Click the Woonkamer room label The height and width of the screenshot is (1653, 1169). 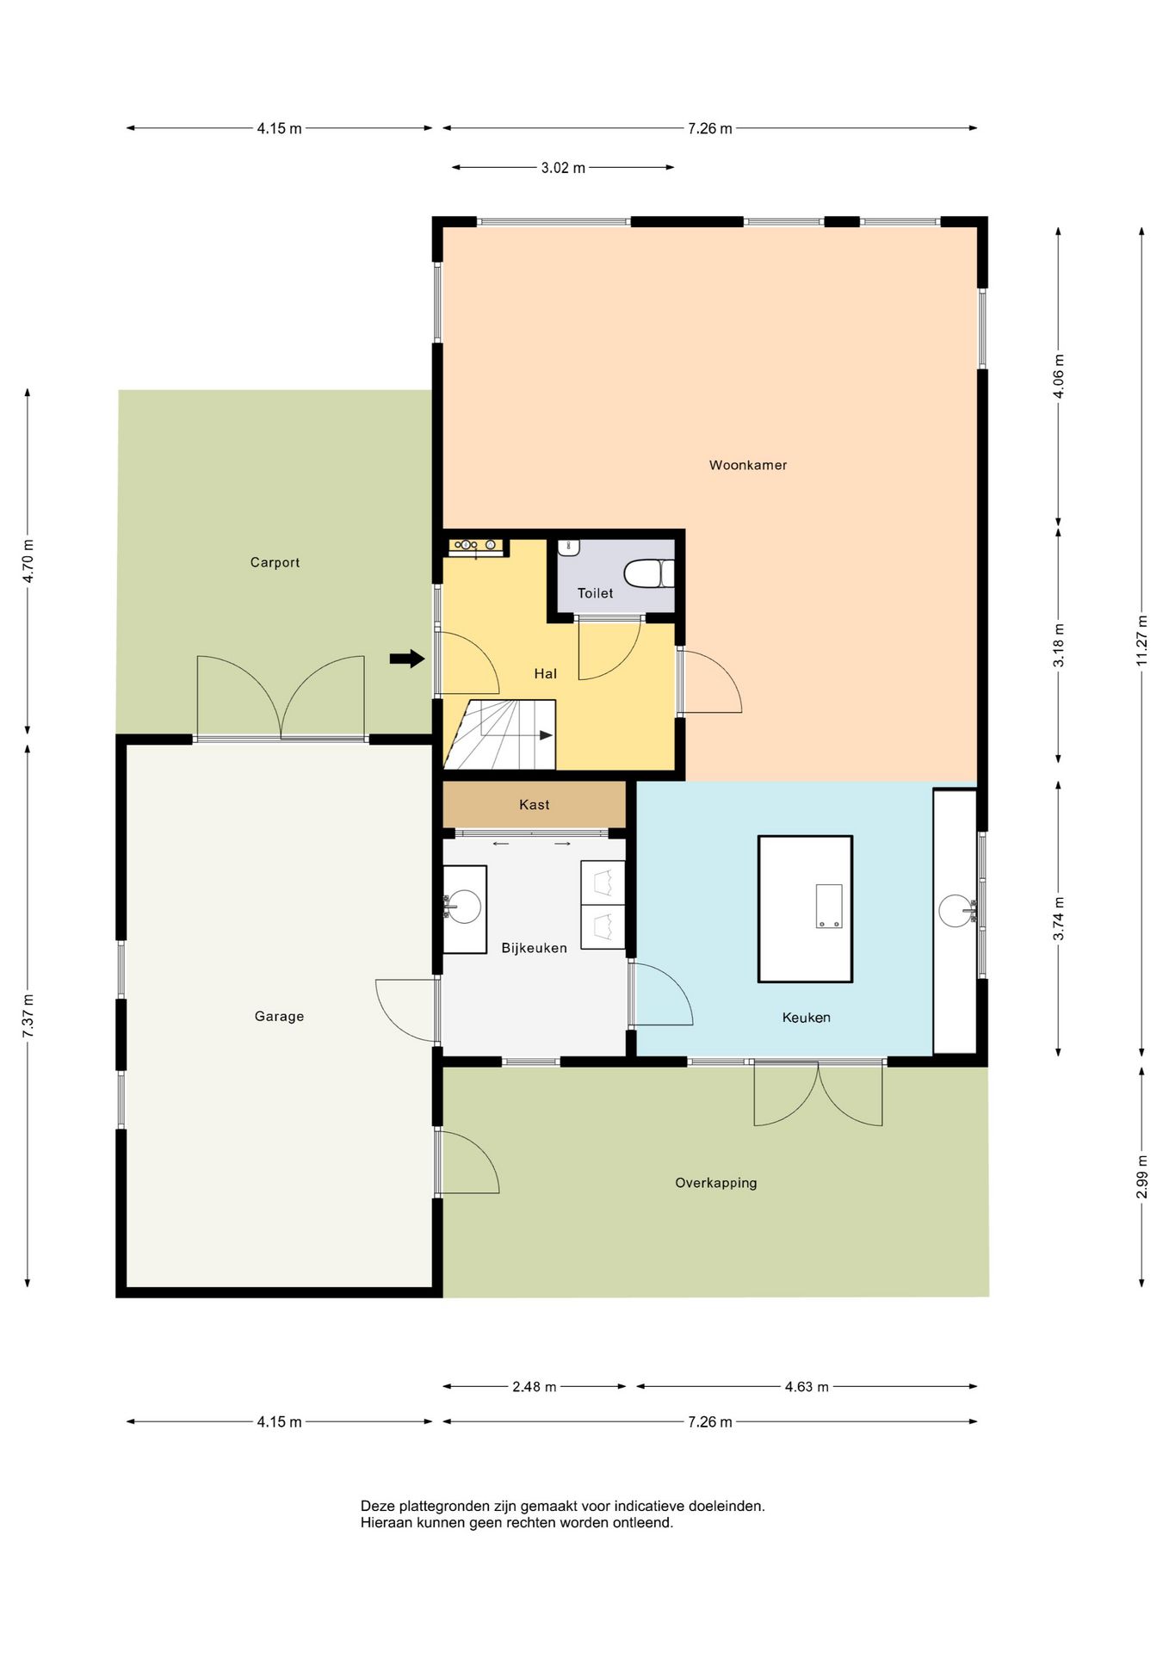tap(747, 465)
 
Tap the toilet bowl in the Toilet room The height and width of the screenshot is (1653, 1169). tap(648, 573)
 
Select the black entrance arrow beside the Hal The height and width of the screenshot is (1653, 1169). tap(407, 659)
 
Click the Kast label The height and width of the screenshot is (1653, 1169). tap(534, 805)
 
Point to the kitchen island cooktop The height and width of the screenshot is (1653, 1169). tap(829, 906)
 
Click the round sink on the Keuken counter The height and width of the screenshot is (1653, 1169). tap(956, 910)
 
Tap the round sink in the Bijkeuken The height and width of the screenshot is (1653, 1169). tap(464, 907)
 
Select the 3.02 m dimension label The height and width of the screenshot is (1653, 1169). tap(563, 168)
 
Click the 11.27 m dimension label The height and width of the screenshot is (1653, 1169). tap(1141, 641)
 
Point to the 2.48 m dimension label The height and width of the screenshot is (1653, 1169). tap(534, 1386)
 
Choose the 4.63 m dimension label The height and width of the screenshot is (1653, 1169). tap(807, 1386)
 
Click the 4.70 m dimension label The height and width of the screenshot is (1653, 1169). tap(28, 561)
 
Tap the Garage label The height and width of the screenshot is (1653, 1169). tap(279, 1017)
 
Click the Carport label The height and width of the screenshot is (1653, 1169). tap(275, 563)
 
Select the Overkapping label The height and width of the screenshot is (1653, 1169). tap(715, 1183)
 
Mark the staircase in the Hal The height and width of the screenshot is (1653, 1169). tap(499, 734)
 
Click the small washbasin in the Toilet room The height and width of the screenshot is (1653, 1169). tap(569, 548)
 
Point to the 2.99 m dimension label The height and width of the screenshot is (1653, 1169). tap(1141, 1176)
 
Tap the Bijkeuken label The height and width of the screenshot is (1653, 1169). tap(534, 948)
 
